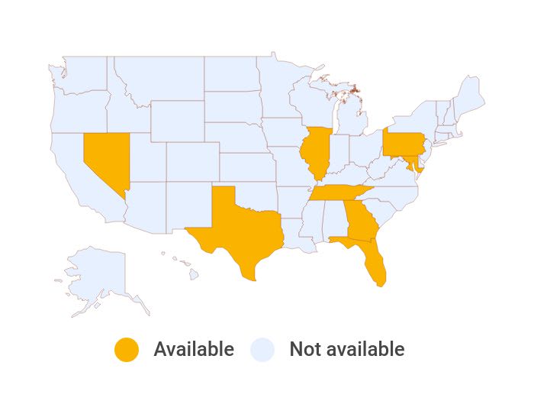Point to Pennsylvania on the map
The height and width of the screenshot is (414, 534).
402,142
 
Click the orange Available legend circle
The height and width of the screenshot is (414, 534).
127,350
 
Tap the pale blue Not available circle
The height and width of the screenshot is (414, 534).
262,350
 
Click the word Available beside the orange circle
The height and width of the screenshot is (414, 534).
194,350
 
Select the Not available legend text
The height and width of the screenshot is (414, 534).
347,350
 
